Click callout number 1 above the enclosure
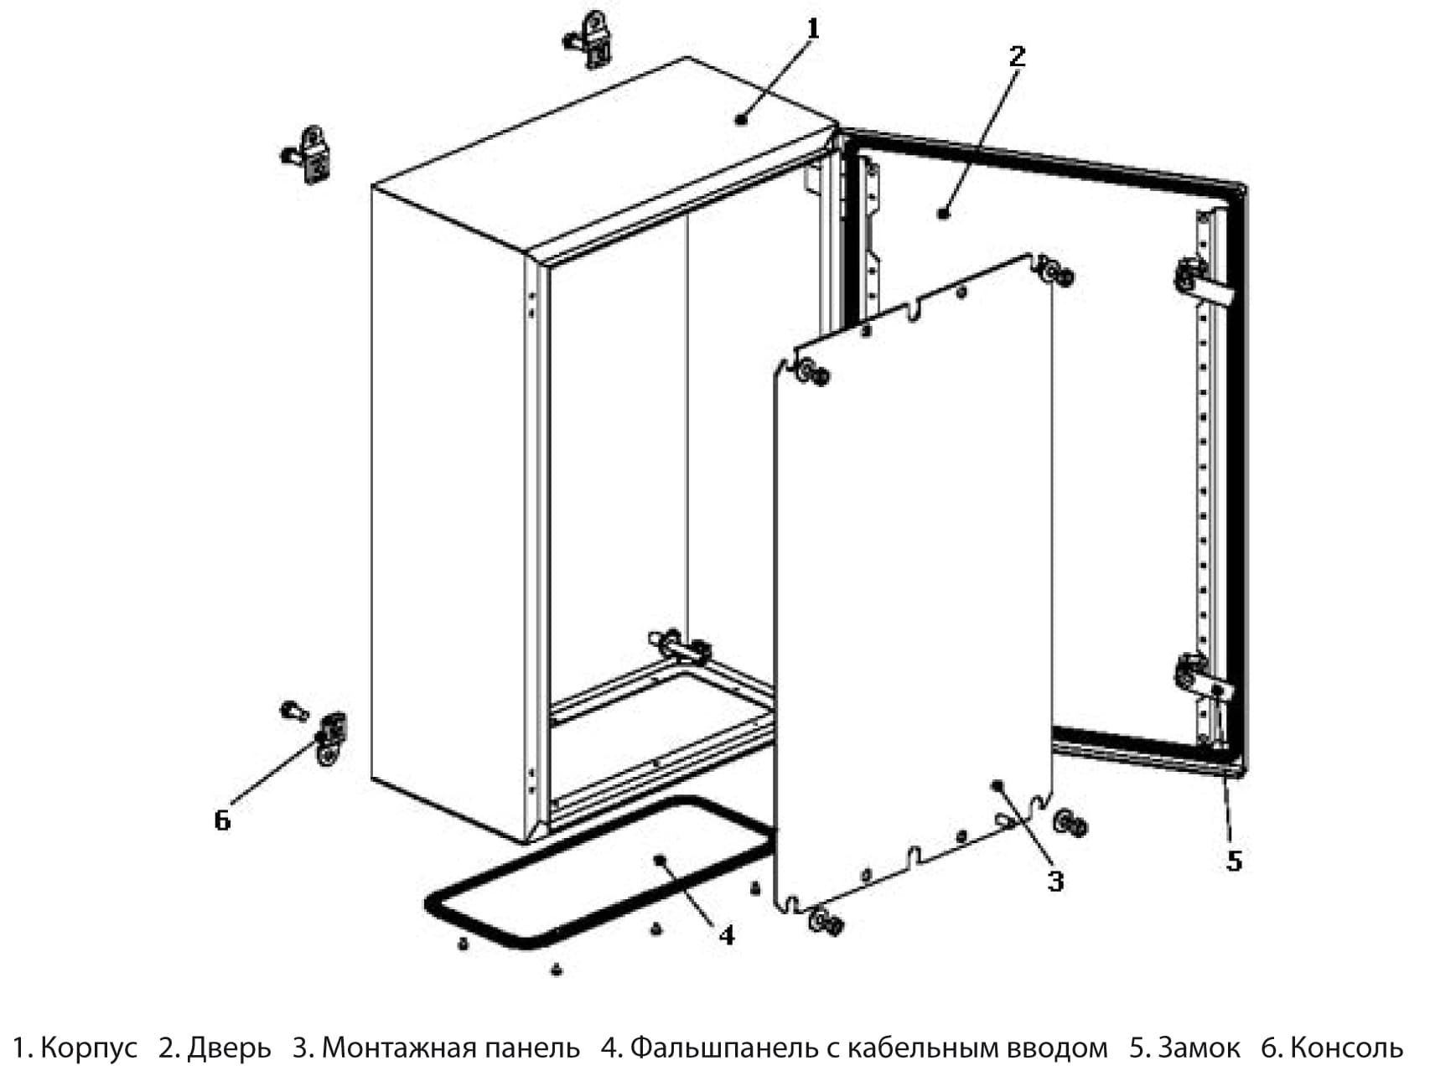coord(811,30)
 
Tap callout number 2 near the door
coord(1016,57)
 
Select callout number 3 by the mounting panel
coord(1055,881)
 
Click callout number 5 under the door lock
coord(1234,861)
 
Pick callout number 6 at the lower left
coord(222,820)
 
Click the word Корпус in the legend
coord(88,1048)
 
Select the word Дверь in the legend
coord(229,1048)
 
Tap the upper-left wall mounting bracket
coord(312,155)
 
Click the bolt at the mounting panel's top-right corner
coord(1058,273)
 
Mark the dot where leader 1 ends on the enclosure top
coord(740,120)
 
